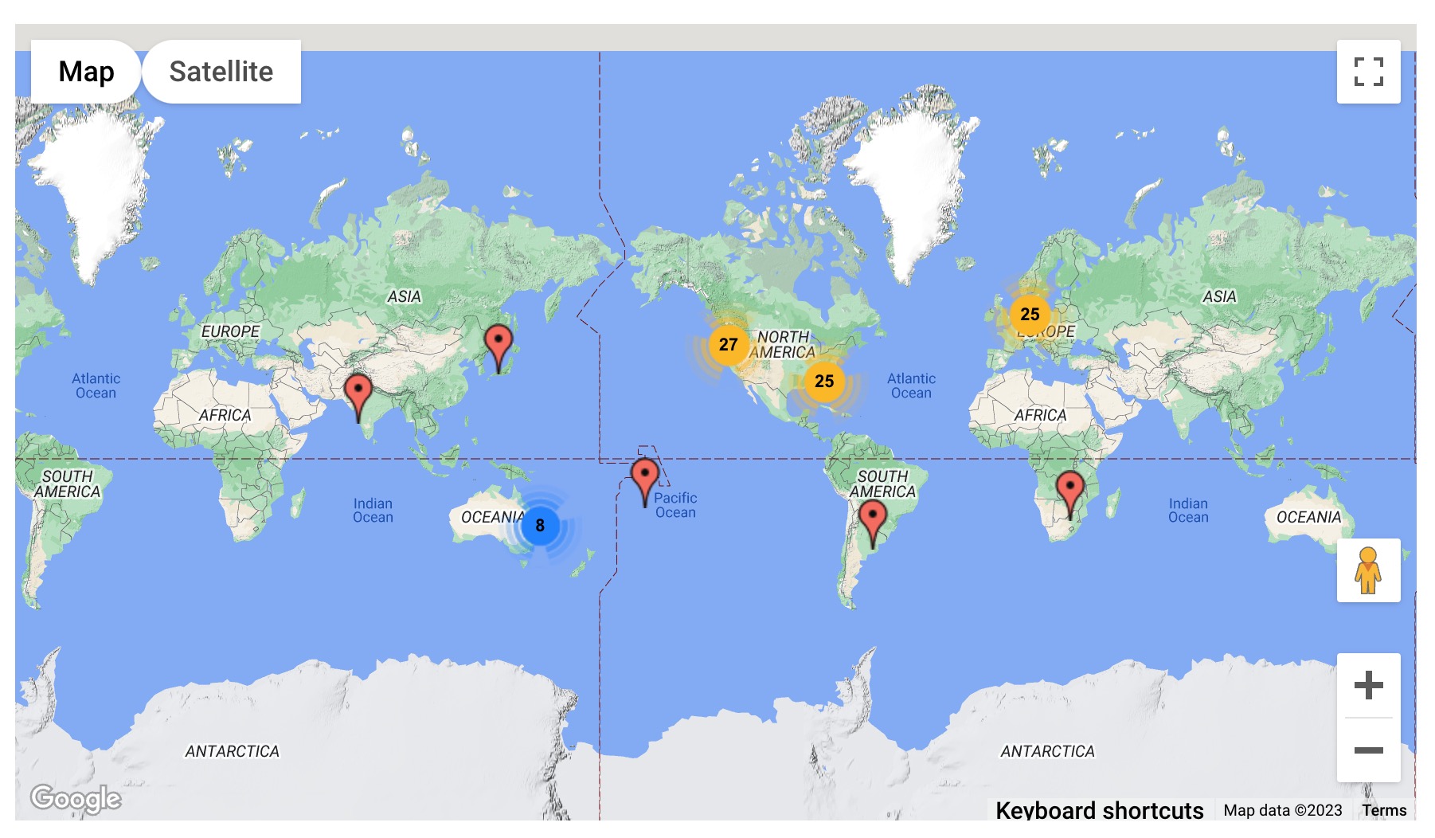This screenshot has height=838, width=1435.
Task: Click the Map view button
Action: [x=86, y=72]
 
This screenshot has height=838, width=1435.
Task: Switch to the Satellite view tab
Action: [x=221, y=72]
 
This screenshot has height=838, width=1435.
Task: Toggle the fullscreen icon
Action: [x=1368, y=72]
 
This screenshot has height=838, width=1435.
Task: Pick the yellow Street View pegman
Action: [x=1368, y=570]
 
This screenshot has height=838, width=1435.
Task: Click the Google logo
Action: [x=76, y=797]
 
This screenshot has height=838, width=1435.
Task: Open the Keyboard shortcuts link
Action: [x=1099, y=810]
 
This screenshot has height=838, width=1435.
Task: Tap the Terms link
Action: [x=1384, y=810]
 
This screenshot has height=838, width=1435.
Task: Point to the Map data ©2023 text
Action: [x=1283, y=810]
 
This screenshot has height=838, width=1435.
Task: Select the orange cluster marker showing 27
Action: [x=728, y=345]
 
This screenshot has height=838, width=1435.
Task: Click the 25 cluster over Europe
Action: [x=1030, y=315]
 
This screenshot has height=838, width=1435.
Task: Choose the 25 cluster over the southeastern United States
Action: [x=824, y=382]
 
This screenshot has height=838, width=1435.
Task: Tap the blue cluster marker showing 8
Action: [x=540, y=526]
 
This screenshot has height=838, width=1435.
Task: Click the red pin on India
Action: [x=358, y=392]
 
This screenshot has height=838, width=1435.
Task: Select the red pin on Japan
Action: [x=499, y=343]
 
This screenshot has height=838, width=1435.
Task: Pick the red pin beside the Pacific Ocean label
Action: [x=645, y=476]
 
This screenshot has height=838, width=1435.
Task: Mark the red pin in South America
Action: [x=873, y=519]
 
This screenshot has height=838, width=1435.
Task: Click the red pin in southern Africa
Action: [x=1069, y=488]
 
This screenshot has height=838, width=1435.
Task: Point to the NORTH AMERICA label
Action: [x=783, y=345]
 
